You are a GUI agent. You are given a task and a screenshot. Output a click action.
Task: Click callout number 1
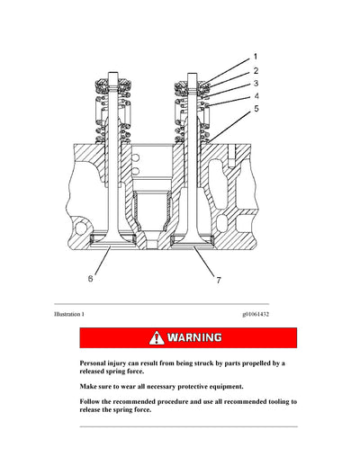coord(254,56)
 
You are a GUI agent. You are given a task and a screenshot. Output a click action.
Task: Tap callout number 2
coord(255,69)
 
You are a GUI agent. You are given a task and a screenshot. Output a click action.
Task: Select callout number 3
coord(255,83)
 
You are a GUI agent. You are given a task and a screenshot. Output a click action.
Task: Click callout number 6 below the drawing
coord(89,279)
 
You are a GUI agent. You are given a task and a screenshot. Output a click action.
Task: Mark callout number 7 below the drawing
coord(218,282)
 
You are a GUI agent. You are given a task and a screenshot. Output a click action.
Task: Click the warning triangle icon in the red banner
coord(157,338)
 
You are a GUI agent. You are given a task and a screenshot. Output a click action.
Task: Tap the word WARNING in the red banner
coord(194,338)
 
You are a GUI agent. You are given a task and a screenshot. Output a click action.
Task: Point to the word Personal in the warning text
coord(96,363)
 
